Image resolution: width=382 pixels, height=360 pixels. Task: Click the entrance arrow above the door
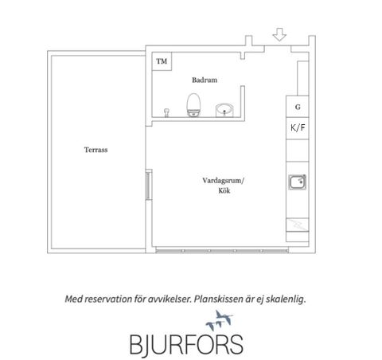coord(279,34)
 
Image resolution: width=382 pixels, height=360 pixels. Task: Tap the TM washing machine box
coord(162,61)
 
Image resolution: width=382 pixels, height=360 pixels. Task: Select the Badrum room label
coord(205,80)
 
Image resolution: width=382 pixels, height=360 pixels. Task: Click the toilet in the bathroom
coord(193,105)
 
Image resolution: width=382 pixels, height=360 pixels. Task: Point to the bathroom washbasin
coord(224,110)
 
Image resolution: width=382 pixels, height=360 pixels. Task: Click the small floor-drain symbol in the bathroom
coord(166,112)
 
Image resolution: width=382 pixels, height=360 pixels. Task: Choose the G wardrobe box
coord(298,107)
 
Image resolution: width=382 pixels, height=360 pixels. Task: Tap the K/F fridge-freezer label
coord(298,127)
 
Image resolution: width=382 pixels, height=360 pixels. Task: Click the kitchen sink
coord(298,182)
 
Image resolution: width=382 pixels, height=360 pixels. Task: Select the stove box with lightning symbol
coord(298,225)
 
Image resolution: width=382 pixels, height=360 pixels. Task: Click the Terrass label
coord(95,150)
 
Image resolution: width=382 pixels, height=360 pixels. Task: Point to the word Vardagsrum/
coord(223,181)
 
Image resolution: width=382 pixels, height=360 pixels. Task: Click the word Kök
coord(224,190)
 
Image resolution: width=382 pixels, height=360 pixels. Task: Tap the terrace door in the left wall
coord(149,186)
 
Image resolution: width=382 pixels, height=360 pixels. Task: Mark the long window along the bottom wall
coord(222,250)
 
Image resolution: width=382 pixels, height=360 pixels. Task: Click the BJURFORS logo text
coord(186,344)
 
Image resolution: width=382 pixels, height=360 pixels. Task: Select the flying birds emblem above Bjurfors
coord(219,320)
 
